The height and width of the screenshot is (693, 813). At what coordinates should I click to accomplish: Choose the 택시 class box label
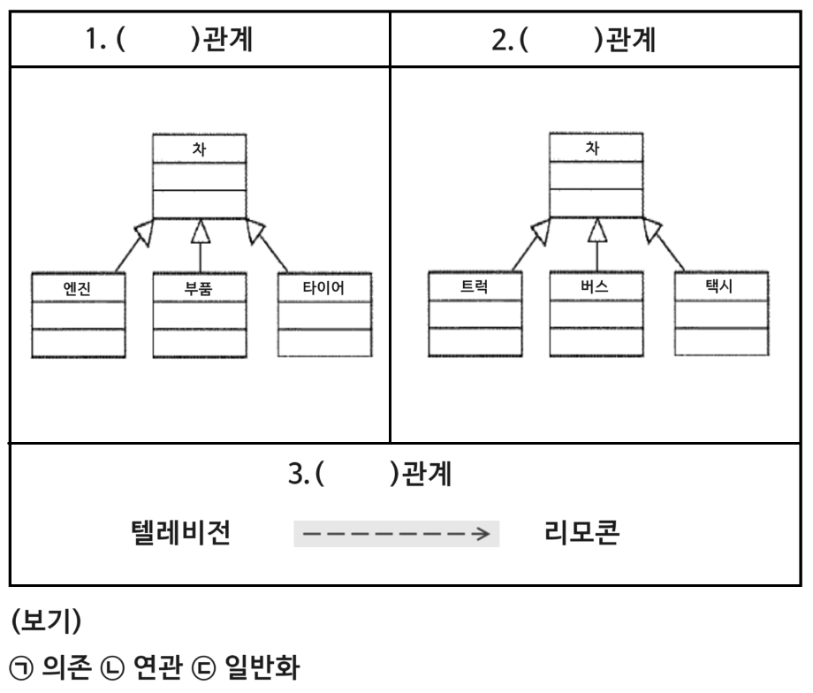coord(719,286)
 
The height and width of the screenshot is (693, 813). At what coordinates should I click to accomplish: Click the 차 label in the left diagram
coord(200,148)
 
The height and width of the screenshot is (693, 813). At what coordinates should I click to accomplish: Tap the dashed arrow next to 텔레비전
coord(397,535)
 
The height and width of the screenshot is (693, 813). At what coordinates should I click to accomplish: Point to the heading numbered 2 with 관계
coord(573,41)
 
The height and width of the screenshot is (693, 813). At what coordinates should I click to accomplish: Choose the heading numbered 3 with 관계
coord(371,477)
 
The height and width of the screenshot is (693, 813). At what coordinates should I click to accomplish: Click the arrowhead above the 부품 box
coord(200,231)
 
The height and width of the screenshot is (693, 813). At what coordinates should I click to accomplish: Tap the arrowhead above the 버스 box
coord(596,231)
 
